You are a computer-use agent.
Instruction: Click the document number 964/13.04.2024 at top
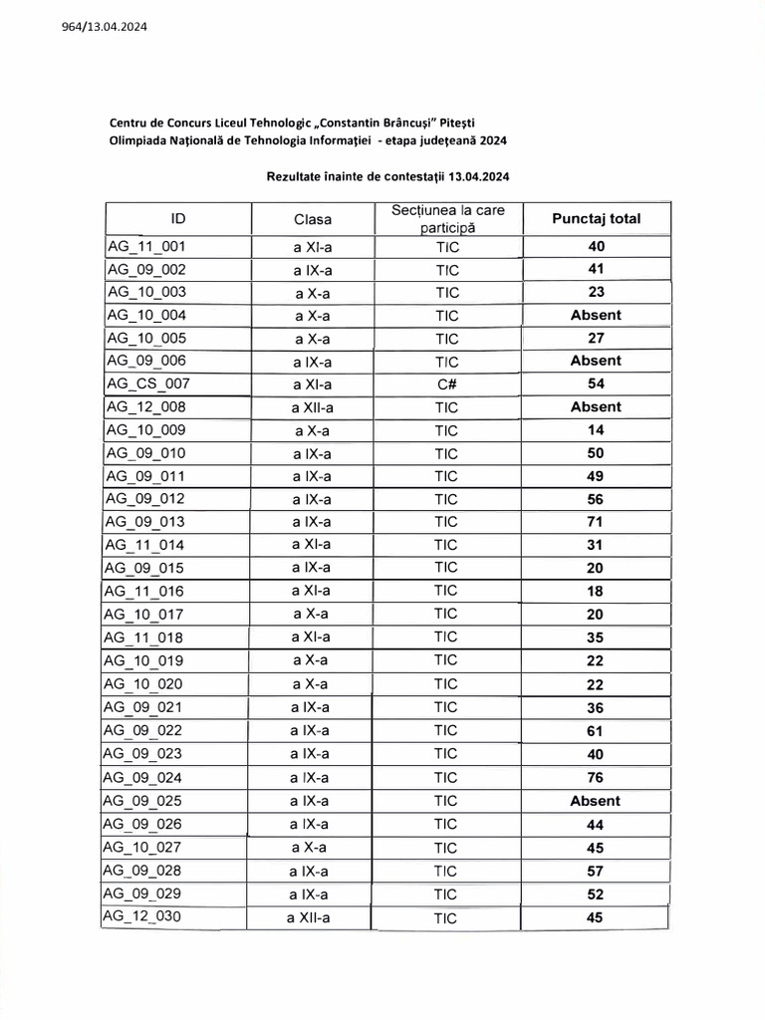click(98, 27)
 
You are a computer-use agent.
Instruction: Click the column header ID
click(177, 218)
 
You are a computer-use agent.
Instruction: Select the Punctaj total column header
click(596, 218)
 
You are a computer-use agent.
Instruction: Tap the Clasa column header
click(312, 219)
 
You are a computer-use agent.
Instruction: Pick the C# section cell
click(446, 383)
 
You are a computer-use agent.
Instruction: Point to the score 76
click(596, 778)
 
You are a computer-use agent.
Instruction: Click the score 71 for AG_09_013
click(596, 521)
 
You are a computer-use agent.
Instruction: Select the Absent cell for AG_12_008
click(596, 406)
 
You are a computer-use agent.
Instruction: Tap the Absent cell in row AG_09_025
click(596, 801)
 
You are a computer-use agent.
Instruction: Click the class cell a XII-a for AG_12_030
click(311, 917)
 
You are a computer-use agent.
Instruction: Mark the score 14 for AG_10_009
click(596, 430)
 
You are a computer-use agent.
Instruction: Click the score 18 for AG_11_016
click(596, 592)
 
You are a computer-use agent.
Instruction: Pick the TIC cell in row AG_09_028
click(446, 871)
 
